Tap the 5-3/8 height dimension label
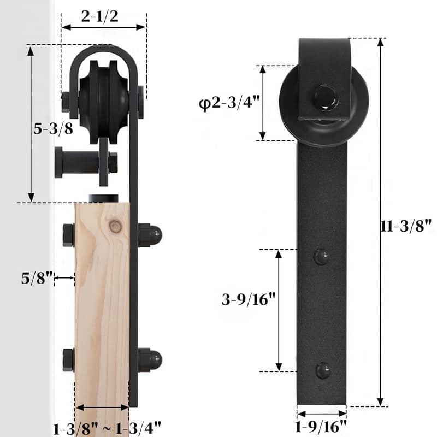(x=53, y=128)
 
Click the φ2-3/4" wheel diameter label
(x=228, y=103)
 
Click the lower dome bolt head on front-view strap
(x=322, y=371)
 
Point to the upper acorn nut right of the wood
(x=150, y=235)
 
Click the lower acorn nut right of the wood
(x=150, y=359)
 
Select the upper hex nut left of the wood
(x=68, y=235)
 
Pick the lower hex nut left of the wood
(x=68, y=359)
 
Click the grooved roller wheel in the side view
(x=104, y=101)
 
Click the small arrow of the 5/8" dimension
(x=65, y=278)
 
